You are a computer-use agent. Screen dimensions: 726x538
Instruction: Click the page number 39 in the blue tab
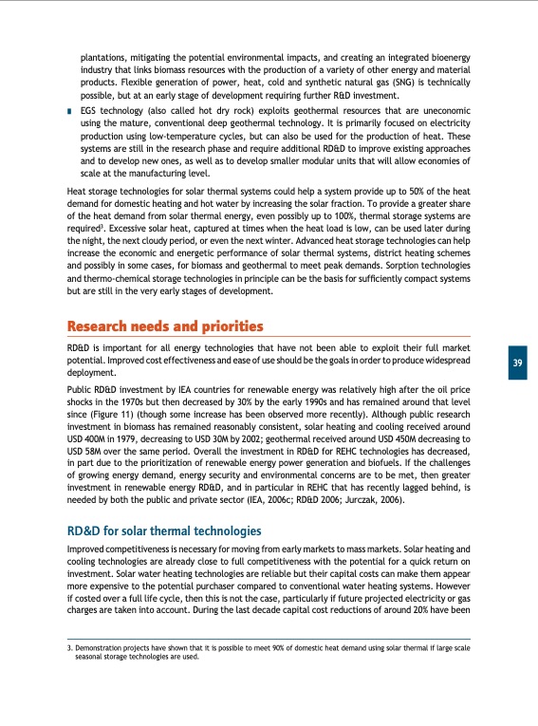[x=518, y=363]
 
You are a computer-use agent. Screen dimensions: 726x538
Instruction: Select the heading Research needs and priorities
[x=164, y=327]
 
